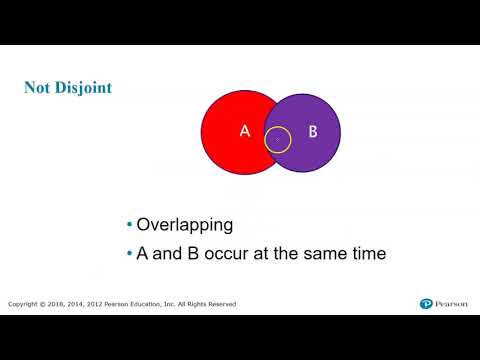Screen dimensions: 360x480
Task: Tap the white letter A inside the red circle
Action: coord(243,131)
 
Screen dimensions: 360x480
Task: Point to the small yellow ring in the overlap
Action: coord(279,140)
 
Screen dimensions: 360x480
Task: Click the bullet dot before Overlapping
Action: coord(130,224)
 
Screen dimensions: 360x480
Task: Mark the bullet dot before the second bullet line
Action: coord(130,254)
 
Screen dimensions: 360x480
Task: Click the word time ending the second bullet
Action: coord(367,254)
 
